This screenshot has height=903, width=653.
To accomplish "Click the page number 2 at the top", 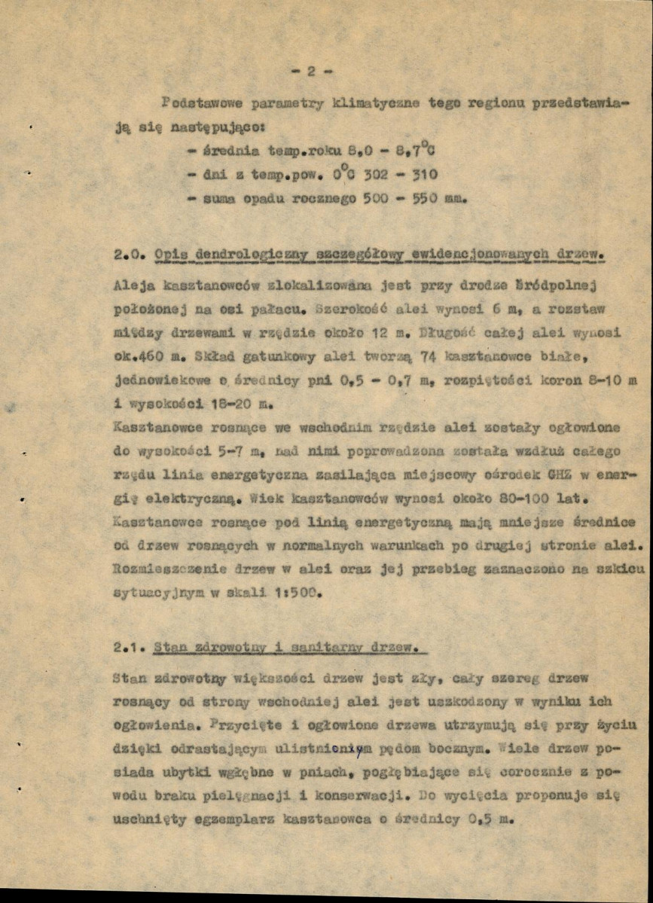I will coord(310,72).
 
